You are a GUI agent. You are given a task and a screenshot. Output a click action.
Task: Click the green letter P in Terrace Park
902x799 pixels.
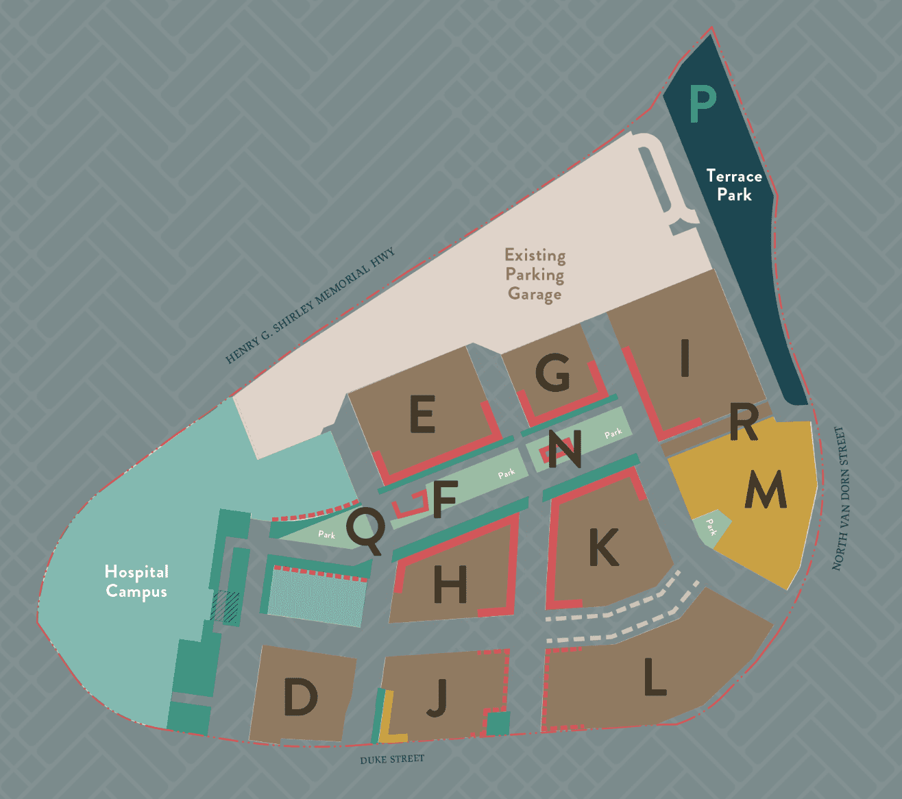(702, 104)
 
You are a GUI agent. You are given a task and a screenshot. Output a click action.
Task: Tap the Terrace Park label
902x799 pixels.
(734, 185)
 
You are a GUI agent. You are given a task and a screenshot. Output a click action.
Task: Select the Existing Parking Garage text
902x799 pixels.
(535, 274)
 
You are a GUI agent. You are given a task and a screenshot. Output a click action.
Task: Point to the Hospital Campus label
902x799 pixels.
(136, 581)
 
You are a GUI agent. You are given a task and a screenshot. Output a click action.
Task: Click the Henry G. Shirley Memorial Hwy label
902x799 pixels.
(310, 306)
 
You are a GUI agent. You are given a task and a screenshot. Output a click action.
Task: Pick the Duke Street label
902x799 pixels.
(392, 759)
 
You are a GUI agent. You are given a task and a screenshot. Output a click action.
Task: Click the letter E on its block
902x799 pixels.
(422, 414)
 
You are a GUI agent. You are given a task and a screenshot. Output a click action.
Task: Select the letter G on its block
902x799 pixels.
(552, 373)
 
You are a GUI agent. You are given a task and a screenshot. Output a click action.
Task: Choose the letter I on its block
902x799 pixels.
(685, 358)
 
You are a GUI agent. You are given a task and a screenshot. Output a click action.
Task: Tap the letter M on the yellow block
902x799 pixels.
(766, 489)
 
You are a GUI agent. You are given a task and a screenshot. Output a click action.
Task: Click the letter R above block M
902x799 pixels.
(744, 423)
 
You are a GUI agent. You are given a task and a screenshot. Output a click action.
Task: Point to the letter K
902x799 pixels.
(604, 547)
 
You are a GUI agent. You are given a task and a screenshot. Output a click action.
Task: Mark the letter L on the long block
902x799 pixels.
(655, 676)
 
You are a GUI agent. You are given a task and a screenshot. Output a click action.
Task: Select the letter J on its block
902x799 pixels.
(437, 698)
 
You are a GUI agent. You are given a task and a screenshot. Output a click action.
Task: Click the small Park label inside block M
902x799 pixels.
(711, 527)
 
